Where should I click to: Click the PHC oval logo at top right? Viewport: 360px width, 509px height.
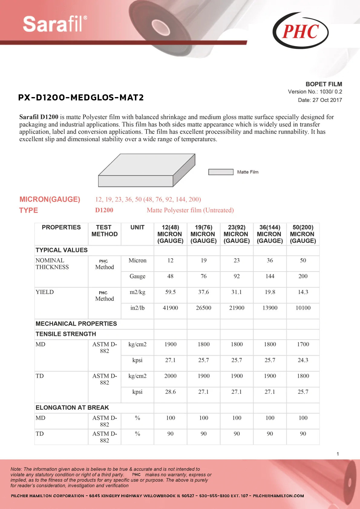coord(300,31)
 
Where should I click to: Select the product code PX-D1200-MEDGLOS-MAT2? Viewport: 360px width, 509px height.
coord(81,97)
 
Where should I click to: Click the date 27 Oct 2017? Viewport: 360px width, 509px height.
coord(320,100)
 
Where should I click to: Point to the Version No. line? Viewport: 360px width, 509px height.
coord(315,92)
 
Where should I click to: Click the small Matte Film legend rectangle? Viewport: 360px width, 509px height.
coord(221,172)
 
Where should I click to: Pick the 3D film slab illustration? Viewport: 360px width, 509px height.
coord(146,170)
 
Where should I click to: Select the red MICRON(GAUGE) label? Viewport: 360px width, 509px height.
coord(50,199)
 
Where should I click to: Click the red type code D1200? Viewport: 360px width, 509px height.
coord(104,210)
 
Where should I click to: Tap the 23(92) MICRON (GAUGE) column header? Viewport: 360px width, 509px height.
coord(237,234)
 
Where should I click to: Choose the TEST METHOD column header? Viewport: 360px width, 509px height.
coord(104,231)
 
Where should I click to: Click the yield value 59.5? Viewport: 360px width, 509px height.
coord(170,292)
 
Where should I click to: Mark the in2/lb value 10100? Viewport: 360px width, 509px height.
coord(303,308)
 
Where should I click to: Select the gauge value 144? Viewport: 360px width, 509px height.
coord(270,276)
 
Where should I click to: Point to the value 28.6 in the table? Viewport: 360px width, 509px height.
coord(170,392)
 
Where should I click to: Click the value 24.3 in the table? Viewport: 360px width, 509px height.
coord(303,360)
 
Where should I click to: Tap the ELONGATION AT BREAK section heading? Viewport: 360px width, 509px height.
coord(72,408)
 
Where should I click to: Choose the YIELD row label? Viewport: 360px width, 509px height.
coord(45,292)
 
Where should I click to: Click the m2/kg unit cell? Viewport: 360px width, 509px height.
coord(137,292)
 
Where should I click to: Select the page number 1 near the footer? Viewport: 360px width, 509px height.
coord(338,454)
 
